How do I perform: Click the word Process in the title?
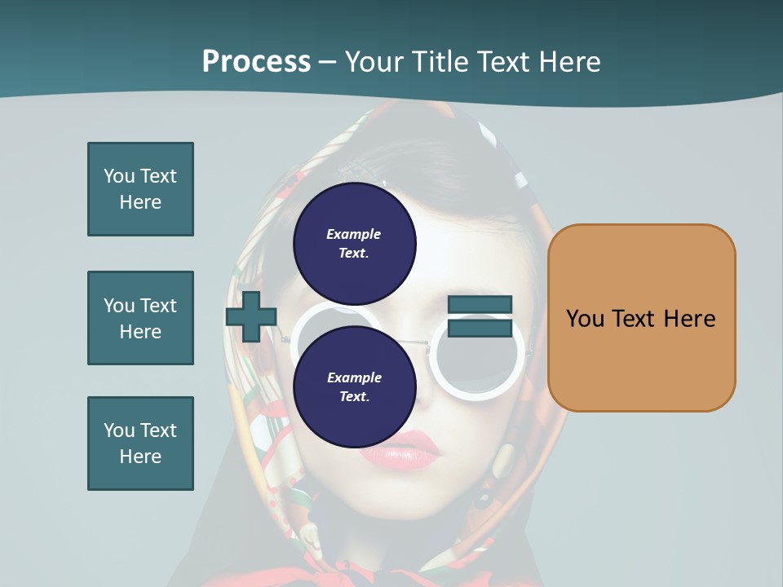pyautogui.click(x=256, y=61)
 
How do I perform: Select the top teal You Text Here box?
pyautogui.click(x=140, y=189)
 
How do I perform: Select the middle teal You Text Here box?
pyautogui.click(x=140, y=318)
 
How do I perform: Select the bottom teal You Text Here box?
pyautogui.click(x=140, y=444)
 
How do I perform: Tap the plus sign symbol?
pyautogui.click(x=251, y=317)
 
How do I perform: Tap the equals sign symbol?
pyautogui.click(x=480, y=317)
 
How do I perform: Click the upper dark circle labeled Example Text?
pyautogui.click(x=354, y=243)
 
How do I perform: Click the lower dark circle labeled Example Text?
pyautogui.click(x=354, y=386)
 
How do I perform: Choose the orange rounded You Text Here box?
pyautogui.click(x=641, y=318)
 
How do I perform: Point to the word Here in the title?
pyautogui.click(x=568, y=61)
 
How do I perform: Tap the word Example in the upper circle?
pyautogui.click(x=354, y=234)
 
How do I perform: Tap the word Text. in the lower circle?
pyautogui.click(x=354, y=396)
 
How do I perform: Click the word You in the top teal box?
pyautogui.click(x=119, y=176)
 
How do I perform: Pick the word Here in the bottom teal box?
pyautogui.click(x=140, y=457)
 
